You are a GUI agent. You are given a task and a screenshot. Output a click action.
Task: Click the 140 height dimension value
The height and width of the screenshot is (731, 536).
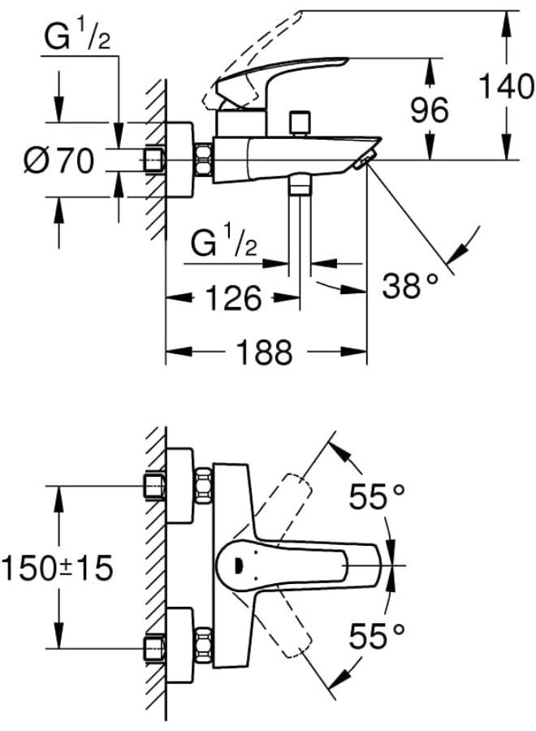506,86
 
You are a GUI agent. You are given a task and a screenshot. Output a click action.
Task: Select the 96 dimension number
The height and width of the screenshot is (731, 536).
430,110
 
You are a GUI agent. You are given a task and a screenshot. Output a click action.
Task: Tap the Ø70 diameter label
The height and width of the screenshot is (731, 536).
59,161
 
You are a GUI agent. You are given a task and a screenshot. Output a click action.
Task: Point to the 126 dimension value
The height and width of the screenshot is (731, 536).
234,298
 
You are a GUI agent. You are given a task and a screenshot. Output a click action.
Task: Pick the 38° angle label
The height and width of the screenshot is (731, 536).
410,285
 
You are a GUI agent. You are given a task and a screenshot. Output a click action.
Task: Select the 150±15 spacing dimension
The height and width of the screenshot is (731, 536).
58,568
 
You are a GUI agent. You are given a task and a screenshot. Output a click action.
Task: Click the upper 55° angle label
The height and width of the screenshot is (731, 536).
377,496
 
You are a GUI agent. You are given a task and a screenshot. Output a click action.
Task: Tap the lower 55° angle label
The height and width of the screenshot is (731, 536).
377,636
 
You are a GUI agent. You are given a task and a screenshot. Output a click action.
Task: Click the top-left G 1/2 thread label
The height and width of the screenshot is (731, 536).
77,37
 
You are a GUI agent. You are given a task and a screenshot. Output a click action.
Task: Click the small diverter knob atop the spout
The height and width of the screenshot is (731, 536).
299,122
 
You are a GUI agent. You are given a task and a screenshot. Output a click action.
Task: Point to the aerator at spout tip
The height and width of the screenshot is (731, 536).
364,159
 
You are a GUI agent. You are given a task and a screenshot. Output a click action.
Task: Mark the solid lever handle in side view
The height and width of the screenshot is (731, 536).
283,84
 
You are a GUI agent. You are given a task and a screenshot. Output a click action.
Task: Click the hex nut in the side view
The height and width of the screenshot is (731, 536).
203,160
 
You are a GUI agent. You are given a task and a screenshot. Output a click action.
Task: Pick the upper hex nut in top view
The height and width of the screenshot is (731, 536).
203,486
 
